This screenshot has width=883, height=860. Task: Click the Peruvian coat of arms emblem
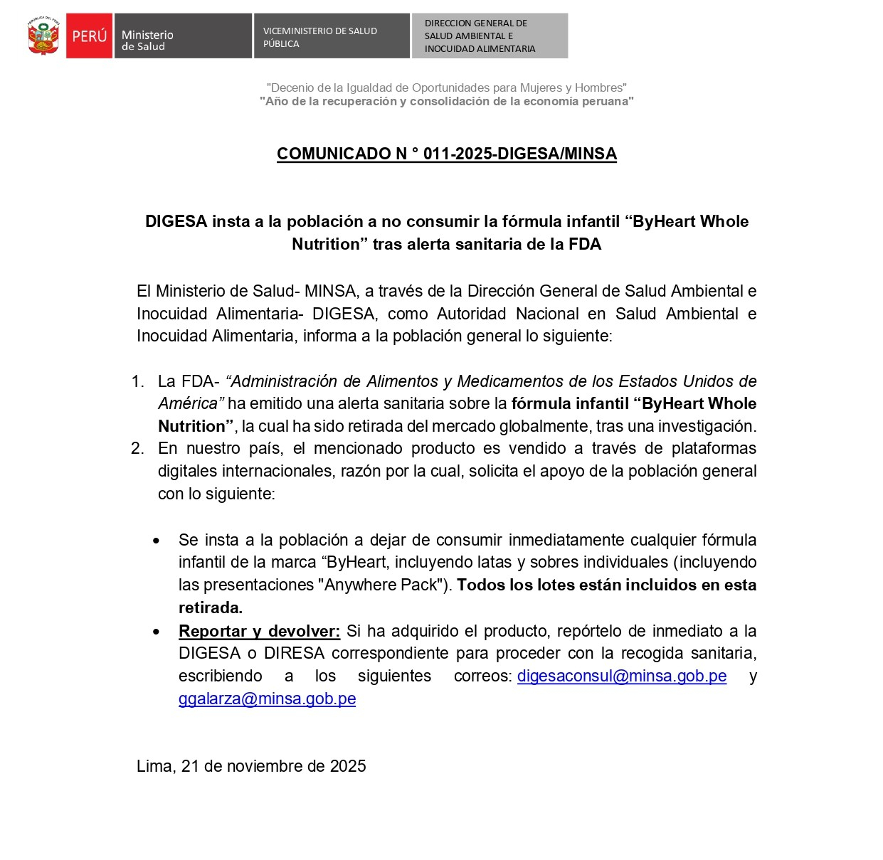coord(43,36)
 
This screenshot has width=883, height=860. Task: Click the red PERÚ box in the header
coord(89,36)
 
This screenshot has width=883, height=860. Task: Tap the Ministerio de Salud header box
coord(182,36)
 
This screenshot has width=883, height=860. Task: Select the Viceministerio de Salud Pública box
coord(331,36)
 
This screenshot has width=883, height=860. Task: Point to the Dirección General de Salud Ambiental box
coord(490,36)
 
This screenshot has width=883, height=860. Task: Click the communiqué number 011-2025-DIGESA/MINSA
coord(447,154)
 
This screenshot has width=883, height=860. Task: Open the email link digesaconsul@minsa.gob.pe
coord(622,676)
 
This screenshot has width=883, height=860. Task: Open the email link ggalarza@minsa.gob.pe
coord(267,699)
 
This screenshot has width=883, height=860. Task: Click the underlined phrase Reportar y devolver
coord(260,631)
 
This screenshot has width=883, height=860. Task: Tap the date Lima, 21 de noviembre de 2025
coord(251,766)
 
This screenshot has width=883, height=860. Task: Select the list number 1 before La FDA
coord(137,381)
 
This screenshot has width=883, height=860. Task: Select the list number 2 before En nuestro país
coord(137,448)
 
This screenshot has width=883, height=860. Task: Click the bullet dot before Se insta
coord(157,541)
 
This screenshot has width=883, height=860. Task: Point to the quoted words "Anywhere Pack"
coord(381,585)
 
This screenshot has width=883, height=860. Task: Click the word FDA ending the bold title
coord(585,244)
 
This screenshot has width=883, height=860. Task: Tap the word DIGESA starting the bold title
coord(176,221)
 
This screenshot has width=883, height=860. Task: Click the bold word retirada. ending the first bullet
coord(211,607)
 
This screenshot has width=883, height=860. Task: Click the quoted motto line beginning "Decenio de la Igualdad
coord(446,87)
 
